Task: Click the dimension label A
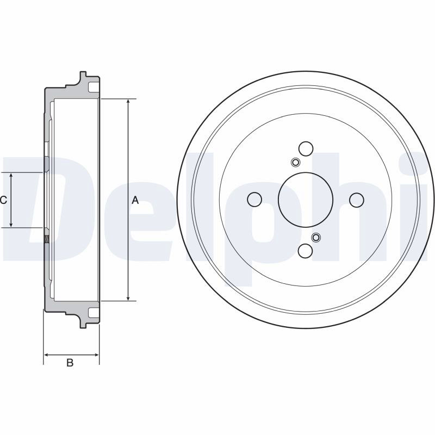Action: pos(135,200)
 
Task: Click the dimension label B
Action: pos(70,362)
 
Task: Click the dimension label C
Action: pos(3,200)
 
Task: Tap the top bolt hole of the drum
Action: pos(306,148)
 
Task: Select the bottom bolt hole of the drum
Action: pos(306,250)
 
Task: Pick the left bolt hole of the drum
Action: pos(254,200)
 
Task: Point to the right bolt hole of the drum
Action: pos(357,200)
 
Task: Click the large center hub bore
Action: pos(306,200)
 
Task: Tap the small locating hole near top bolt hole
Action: pos(295,162)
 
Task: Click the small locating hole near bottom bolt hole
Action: pos(316,237)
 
